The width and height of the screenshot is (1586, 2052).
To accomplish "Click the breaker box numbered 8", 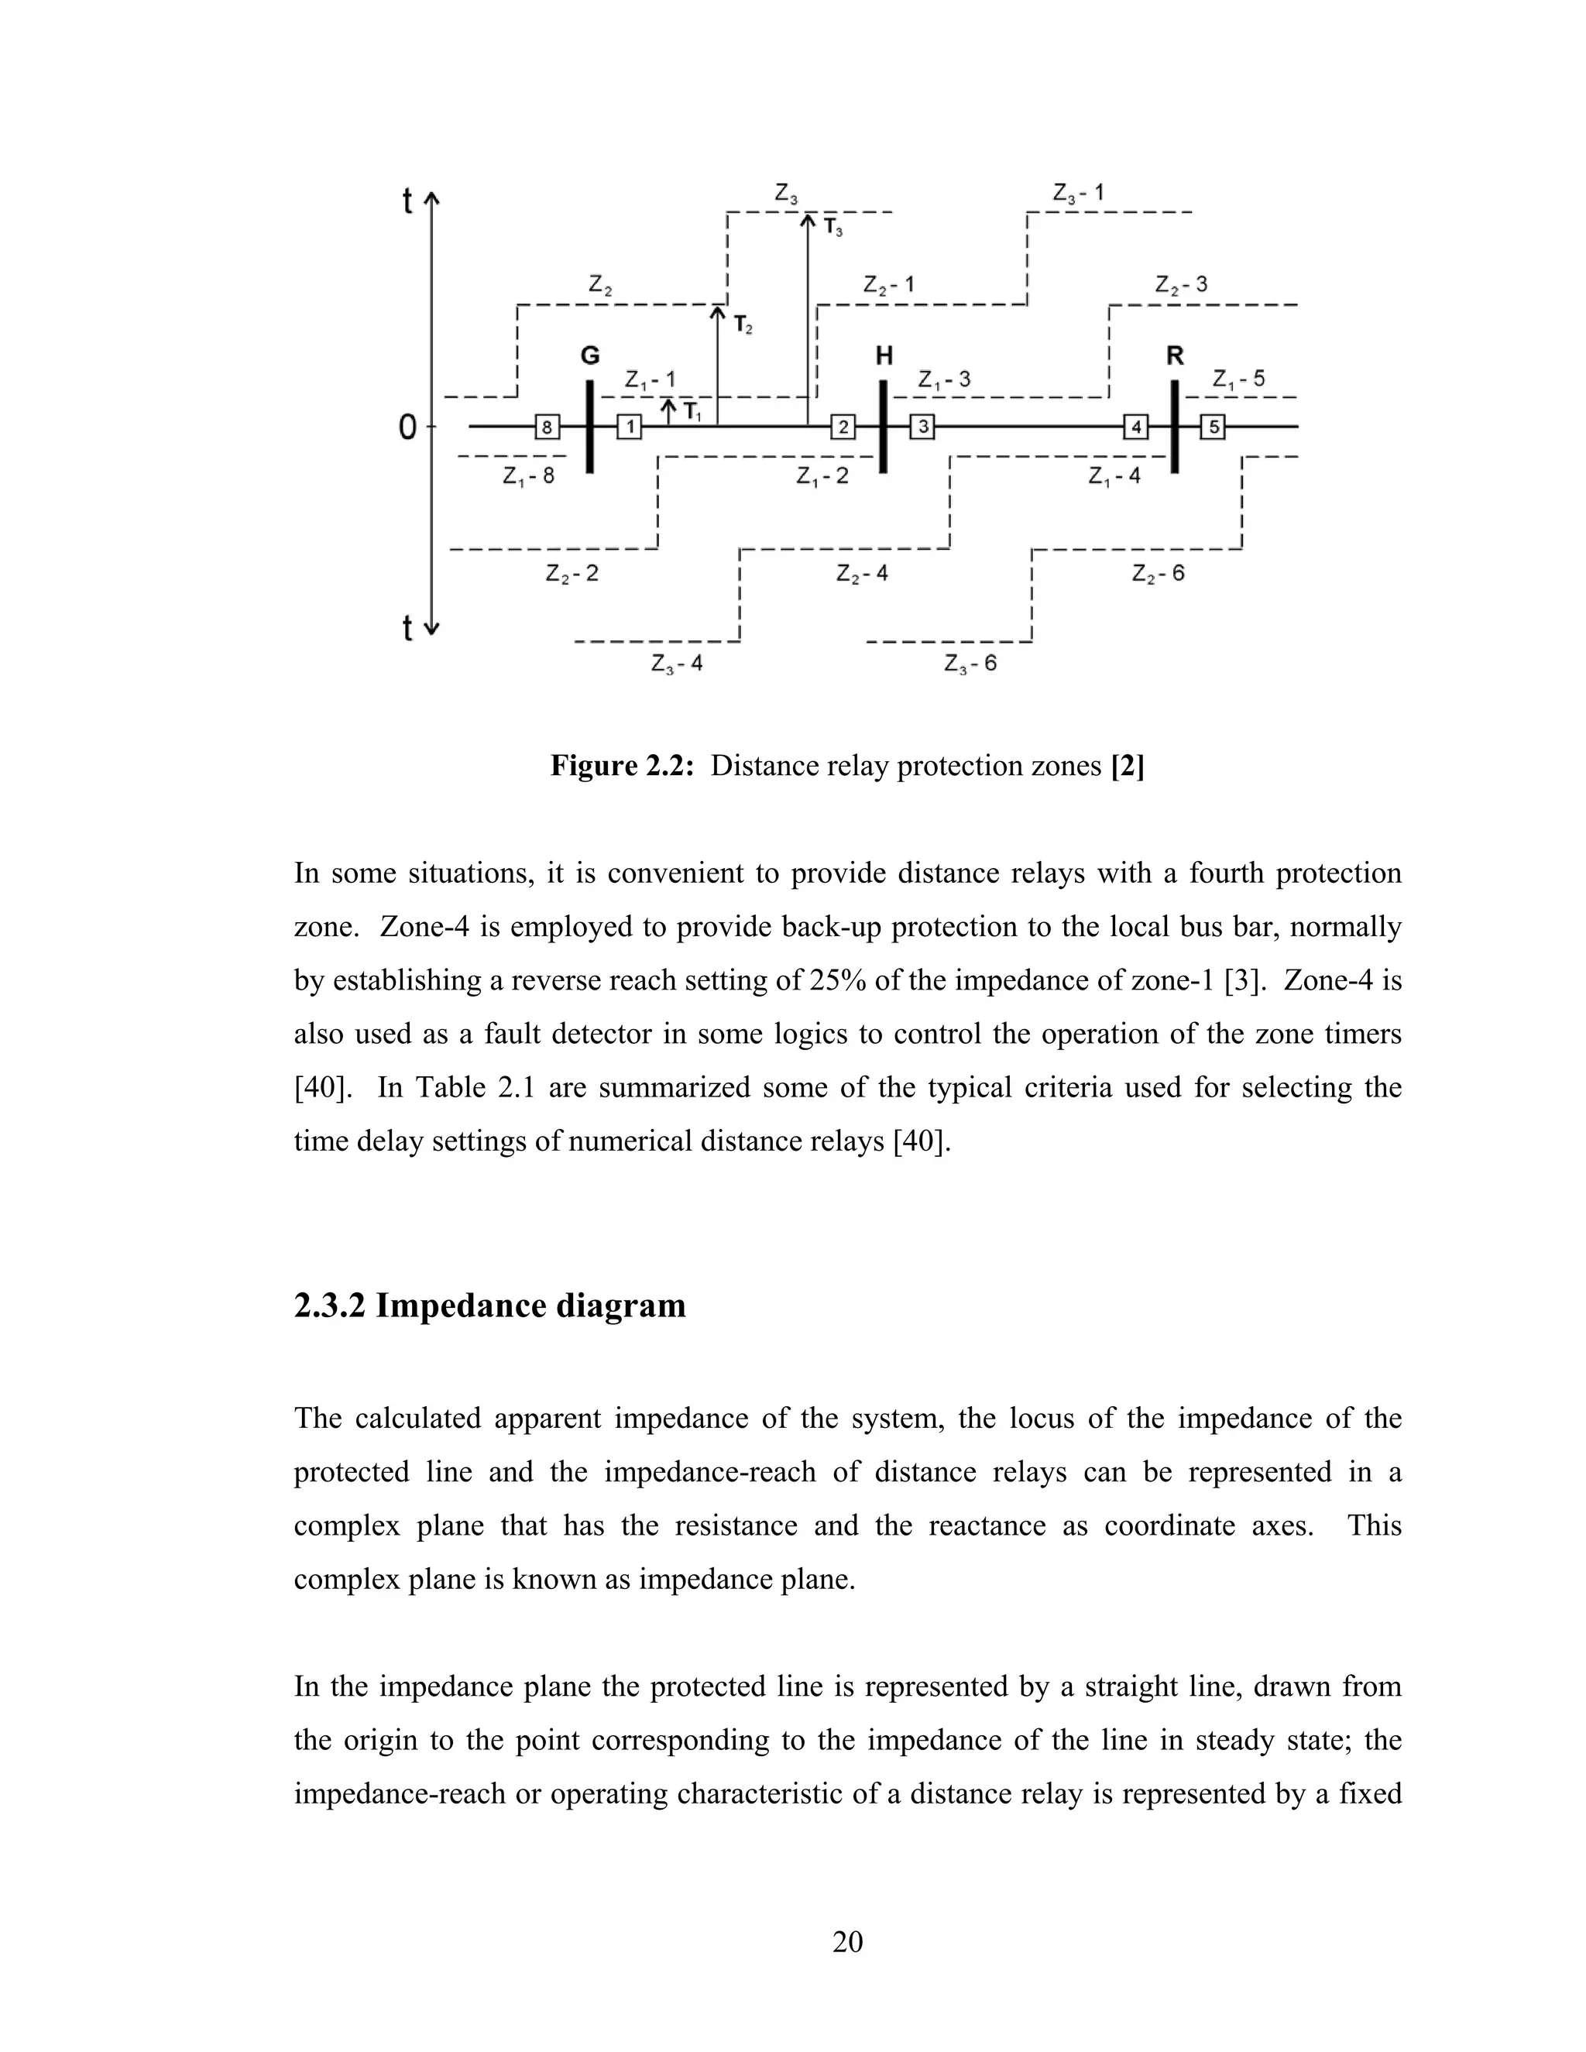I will (547, 427).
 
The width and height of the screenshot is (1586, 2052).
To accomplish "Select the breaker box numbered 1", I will (630, 427).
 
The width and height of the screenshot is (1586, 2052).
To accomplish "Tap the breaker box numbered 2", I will (843, 427).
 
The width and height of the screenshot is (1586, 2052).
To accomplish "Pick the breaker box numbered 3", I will (922, 427).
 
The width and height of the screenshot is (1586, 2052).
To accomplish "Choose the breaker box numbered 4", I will (1136, 427).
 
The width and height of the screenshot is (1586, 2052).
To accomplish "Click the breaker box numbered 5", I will (1213, 427).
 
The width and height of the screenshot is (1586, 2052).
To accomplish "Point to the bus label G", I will (589, 356).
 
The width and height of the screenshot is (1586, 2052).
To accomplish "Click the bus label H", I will (883, 356).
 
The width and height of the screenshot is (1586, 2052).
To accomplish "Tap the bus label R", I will (1175, 356).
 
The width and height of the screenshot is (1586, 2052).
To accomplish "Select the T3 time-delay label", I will (832, 228).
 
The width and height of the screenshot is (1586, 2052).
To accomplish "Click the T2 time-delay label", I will (742, 326).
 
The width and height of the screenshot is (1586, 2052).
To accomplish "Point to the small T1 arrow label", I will (691, 411).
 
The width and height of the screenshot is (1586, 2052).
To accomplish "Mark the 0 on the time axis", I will (407, 428).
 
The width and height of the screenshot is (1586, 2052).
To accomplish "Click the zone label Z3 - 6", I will (970, 664).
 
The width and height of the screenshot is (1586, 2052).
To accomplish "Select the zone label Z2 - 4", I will (862, 573).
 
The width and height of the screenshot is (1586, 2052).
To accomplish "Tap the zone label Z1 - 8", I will (528, 476).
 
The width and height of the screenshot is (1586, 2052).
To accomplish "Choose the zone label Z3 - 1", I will (1078, 194).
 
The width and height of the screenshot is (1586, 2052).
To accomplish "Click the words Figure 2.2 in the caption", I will (621, 766).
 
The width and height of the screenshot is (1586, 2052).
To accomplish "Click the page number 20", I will (847, 1941).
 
